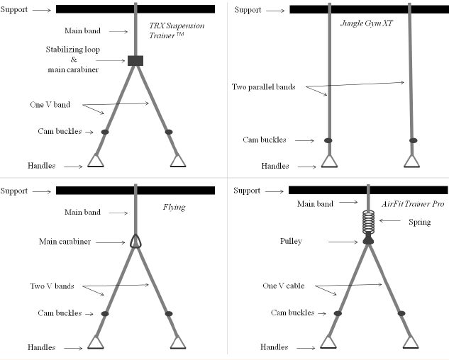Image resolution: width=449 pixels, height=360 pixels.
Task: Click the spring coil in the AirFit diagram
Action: pyautogui.click(x=368, y=222)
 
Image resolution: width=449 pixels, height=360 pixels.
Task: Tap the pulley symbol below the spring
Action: pyautogui.click(x=368, y=240)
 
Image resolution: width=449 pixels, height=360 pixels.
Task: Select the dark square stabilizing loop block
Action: pyautogui.click(x=135, y=61)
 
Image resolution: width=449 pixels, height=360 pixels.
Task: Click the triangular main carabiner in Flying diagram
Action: pyautogui.click(x=135, y=241)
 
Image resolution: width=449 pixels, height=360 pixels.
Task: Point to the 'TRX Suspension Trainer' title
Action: pyautogui.click(x=177, y=30)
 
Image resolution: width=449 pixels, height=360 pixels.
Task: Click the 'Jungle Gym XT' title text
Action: pyautogui.click(x=367, y=23)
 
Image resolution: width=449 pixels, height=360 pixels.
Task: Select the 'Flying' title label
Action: pyautogui.click(x=174, y=207)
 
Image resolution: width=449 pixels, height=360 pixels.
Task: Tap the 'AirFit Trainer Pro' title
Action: pyautogui.click(x=413, y=204)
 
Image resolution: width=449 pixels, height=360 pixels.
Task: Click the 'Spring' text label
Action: pyautogui.click(x=419, y=223)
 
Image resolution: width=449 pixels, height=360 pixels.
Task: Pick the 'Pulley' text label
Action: pyautogui.click(x=291, y=241)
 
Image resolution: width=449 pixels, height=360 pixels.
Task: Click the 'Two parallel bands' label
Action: pyautogui.click(x=263, y=87)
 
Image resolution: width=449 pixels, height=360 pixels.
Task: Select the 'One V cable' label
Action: pyautogui.click(x=284, y=286)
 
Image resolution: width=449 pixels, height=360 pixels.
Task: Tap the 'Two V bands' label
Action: pyautogui.click(x=52, y=286)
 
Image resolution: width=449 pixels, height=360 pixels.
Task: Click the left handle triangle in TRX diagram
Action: pyautogui.click(x=96, y=161)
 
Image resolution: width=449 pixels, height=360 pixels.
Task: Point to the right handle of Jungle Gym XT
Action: pyautogui.click(x=412, y=161)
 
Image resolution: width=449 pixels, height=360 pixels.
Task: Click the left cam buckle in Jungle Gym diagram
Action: pyautogui.click(x=328, y=140)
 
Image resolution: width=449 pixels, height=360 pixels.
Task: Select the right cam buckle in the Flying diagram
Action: pyautogui.click(x=169, y=314)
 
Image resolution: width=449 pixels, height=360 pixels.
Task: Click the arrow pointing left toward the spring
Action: pyautogui.click(x=390, y=220)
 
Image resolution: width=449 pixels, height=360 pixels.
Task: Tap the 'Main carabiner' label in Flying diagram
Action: pyautogui.click(x=65, y=242)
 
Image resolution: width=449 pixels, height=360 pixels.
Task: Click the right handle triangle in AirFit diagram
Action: pyautogui.click(x=411, y=342)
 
